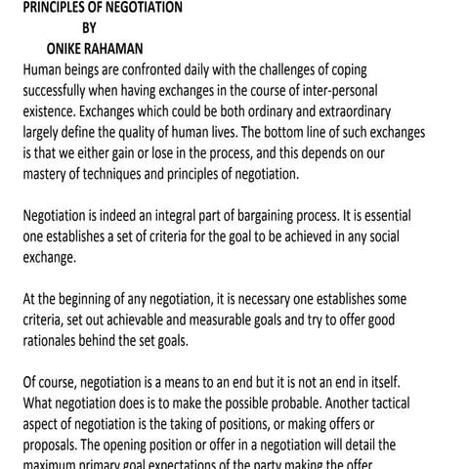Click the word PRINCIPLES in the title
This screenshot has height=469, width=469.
[60, 7]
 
